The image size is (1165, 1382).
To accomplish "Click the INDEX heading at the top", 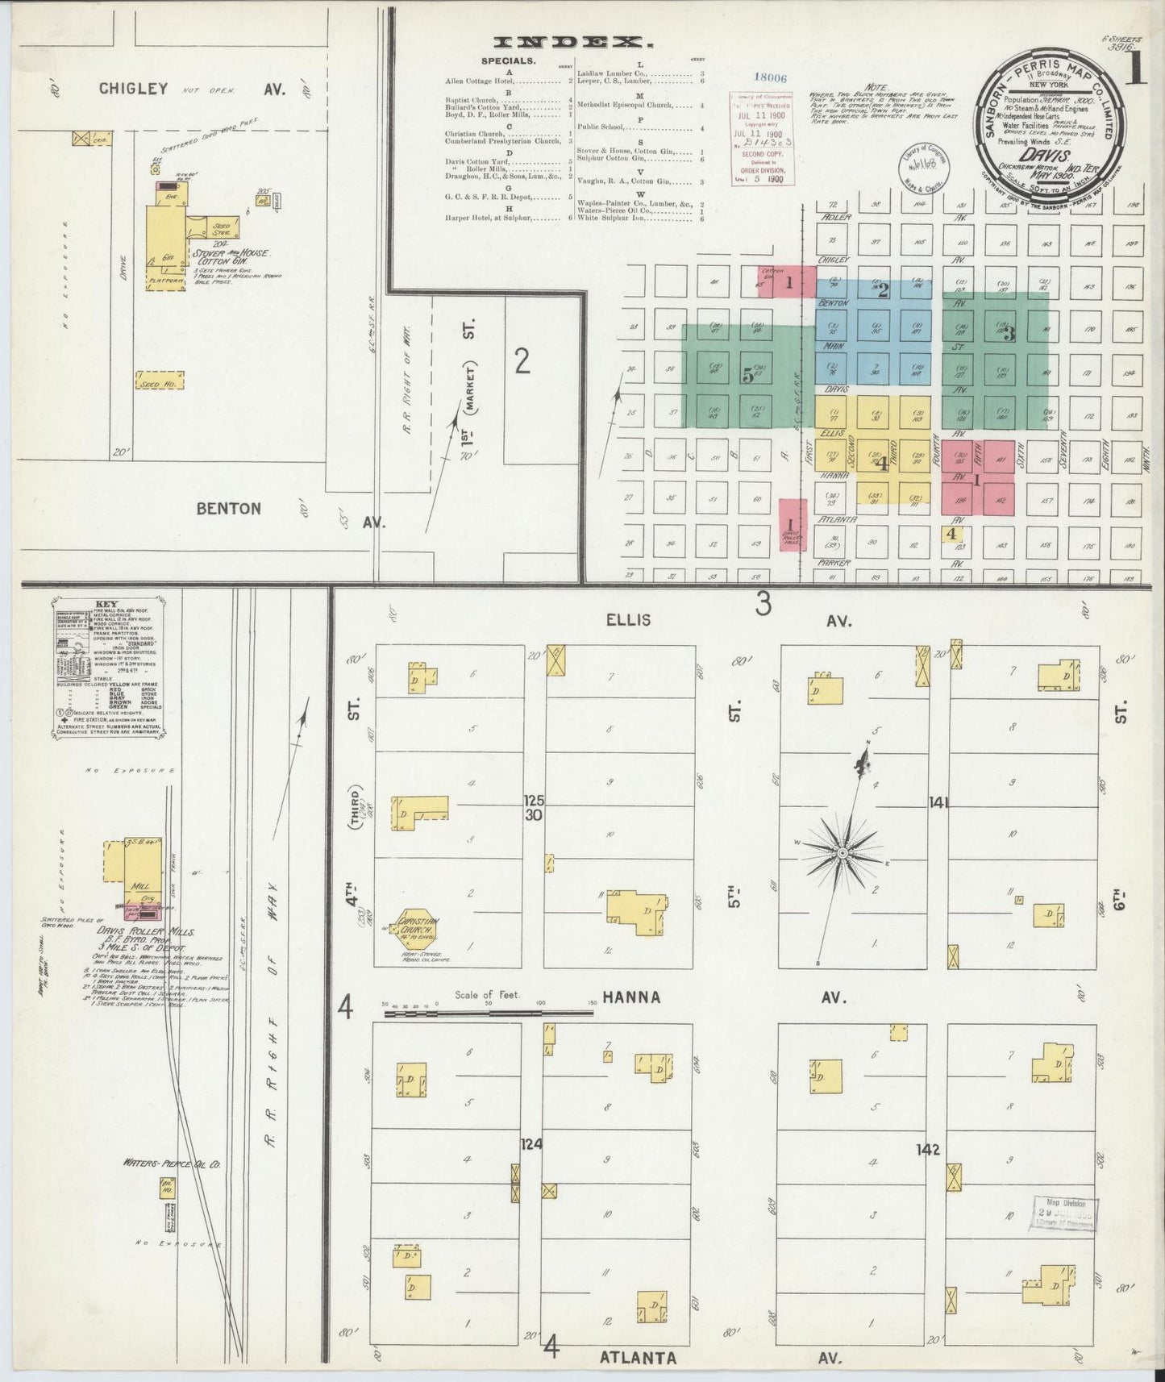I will [573, 43].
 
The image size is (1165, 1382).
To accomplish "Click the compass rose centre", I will [843, 853].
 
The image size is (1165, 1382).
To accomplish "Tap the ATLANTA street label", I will [638, 1358].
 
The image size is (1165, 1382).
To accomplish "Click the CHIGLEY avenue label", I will [133, 89].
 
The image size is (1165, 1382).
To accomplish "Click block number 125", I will [534, 801].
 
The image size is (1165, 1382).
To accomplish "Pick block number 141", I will [938, 802].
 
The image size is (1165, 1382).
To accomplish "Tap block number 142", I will [928, 1150].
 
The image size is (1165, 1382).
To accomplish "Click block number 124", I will [531, 1143].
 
